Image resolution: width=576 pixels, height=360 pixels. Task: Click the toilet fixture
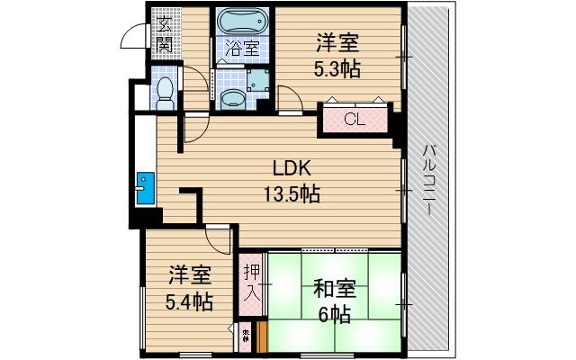(165, 89)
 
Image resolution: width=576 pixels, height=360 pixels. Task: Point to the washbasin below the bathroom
(231, 96)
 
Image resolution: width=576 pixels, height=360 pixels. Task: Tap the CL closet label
(353, 119)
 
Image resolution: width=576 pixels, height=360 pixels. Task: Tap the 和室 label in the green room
(335, 290)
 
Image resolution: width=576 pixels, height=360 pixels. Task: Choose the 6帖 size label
(334, 315)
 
